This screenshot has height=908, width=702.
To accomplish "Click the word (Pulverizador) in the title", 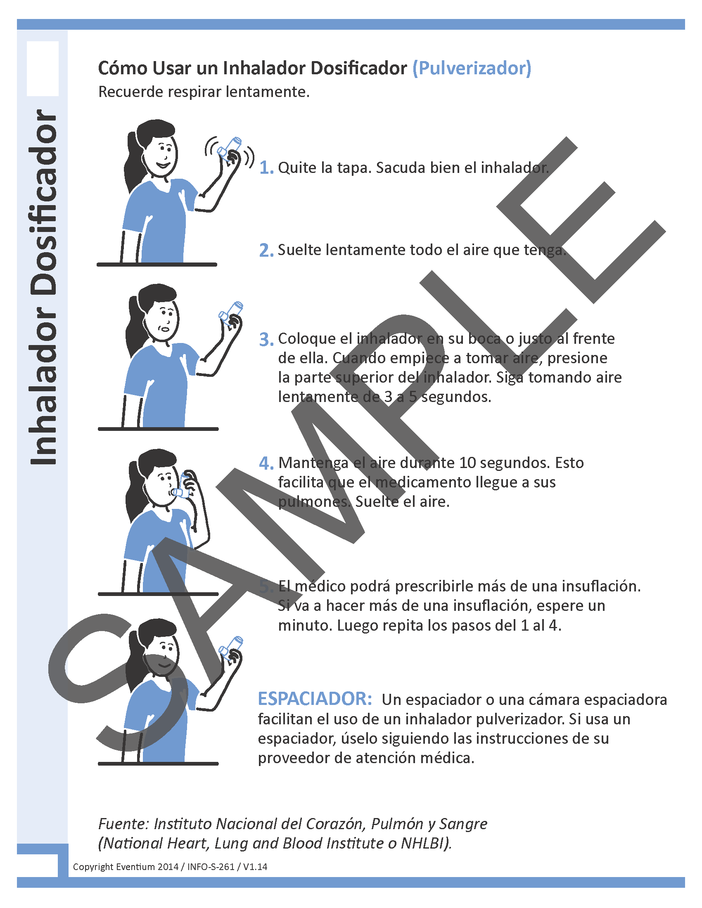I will tap(472, 69).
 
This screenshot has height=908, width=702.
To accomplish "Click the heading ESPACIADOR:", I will tap(315, 699).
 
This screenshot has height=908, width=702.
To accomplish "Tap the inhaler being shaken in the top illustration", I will tap(230, 149).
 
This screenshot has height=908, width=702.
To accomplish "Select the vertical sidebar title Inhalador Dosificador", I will tap(43, 287).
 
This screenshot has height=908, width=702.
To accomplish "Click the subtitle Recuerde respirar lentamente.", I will tap(204, 92).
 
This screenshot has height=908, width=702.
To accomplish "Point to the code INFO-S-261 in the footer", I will tap(211, 866).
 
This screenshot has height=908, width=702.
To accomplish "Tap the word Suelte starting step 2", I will tap(299, 250).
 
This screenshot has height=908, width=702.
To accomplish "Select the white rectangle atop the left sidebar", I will tap(43, 69).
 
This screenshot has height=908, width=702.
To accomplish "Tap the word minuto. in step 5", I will tap(304, 625).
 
